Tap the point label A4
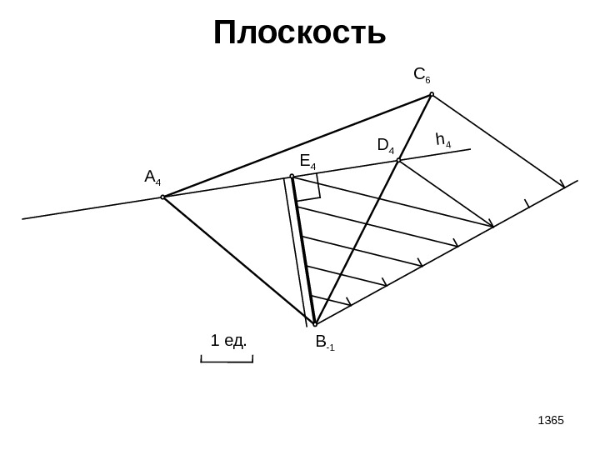click(152, 177)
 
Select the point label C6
click(422, 76)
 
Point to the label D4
click(385, 147)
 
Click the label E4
click(307, 161)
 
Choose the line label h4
click(442, 139)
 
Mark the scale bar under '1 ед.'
click(227, 360)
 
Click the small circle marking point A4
click(163, 197)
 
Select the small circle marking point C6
click(432, 94)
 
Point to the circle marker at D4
click(399, 160)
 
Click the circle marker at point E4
click(292, 177)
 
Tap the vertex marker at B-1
click(315, 323)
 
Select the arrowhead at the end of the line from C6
click(562, 185)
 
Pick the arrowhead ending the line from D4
click(491, 223)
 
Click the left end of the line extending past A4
click(23, 218)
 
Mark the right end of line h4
click(470, 149)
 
